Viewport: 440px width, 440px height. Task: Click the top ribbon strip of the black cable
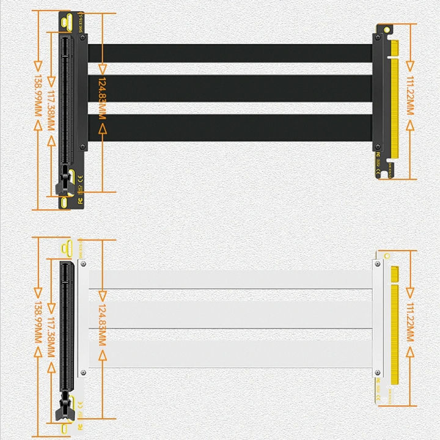point(235,53)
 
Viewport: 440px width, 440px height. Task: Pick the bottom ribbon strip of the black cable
point(235,128)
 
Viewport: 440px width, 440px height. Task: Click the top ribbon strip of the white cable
point(235,280)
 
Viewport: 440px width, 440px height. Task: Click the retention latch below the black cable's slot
point(62,183)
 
